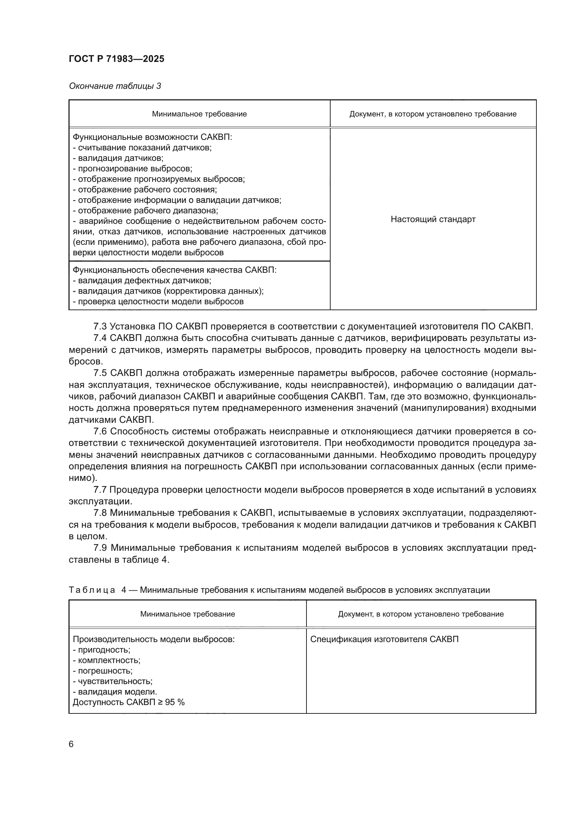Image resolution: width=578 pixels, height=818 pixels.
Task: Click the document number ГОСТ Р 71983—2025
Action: coord(116,59)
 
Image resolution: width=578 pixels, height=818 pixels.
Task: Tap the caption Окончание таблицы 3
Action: coord(115,86)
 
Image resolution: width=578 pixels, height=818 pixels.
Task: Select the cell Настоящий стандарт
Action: coord(433,219)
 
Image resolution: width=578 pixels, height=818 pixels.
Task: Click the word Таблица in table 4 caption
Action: coord(92,590)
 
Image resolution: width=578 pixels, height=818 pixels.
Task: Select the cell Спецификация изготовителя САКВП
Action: coord(384,639)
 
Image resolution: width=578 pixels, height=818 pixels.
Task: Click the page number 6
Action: coord(71,744)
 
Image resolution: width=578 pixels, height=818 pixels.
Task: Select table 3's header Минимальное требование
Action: coord(199,114)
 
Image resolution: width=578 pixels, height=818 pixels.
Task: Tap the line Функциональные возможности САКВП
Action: coord(152,137)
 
